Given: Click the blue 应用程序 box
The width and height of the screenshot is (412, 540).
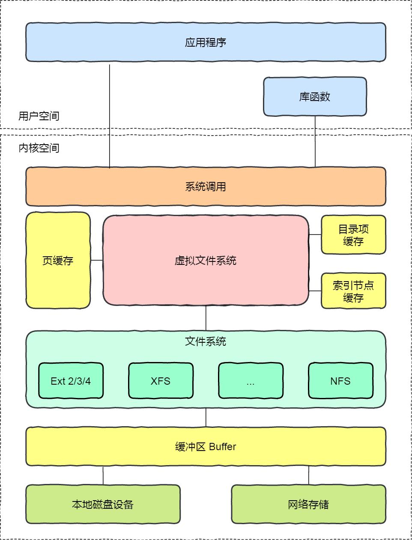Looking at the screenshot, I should [x=206, y=42].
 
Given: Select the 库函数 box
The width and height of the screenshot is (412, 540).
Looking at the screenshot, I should [x=315, y=97].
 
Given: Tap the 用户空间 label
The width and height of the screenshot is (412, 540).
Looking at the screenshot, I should [x=39, y=116].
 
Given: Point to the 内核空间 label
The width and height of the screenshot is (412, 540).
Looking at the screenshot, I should [x=39, y=148].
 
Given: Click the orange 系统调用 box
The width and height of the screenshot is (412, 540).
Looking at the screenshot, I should [x=206, y=187].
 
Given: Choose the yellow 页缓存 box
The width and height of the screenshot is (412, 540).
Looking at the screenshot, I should [x=58, y=260].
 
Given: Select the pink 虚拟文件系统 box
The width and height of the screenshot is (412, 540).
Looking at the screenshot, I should [x=206, y=260].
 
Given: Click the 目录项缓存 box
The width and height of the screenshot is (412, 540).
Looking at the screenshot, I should [x=353, y=235].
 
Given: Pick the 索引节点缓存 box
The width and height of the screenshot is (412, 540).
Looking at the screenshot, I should [x=353, y=291].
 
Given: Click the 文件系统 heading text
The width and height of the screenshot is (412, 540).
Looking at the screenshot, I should [x=206, y=341].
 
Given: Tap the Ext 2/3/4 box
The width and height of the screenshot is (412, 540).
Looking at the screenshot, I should [x=71, y=381].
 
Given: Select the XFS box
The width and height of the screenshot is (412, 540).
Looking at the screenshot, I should [x=161, y=381].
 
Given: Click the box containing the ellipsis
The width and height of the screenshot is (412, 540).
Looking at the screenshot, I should [x=251, y=381].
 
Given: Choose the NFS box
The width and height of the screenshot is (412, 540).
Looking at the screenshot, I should [x=340, y=381].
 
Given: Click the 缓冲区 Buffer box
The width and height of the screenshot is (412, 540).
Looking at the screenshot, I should [x=206, y=446].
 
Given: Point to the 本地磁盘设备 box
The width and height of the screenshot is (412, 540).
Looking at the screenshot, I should [x=103, y=504].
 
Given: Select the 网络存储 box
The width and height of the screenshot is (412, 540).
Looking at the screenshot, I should [x=308, y=504].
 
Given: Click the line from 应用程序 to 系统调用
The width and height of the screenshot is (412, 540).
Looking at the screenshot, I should [x=110, y=116].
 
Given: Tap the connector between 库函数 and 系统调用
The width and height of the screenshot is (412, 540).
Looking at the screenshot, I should [x=315, y=141].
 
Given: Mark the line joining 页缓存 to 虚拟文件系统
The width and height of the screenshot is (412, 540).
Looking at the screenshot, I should [x=97, y=260].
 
